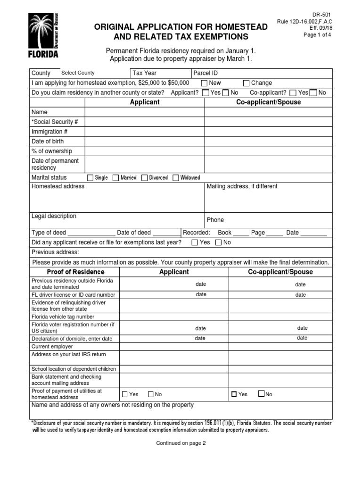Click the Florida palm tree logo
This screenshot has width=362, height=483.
click(44, 36)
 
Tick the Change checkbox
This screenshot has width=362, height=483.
click(246, 83)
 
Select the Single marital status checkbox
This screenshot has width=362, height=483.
click(90, 178)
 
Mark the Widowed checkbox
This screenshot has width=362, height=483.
click(176, 178)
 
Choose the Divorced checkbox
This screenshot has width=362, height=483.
click(144, 178)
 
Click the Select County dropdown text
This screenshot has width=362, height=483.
click(78, 73)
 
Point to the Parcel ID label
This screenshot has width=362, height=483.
click(206, 73)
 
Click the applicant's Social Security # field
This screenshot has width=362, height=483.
click(144, 122)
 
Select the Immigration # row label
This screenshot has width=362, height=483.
click(49, 132)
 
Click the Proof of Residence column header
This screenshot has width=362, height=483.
click(75, 272)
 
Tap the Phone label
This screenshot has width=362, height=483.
click(215, 220)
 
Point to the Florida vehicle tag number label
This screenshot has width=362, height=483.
click(63, 317)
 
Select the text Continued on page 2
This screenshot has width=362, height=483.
click(181, 443)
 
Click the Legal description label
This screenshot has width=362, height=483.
click(54, 216)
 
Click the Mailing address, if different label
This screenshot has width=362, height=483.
click(242, 186)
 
